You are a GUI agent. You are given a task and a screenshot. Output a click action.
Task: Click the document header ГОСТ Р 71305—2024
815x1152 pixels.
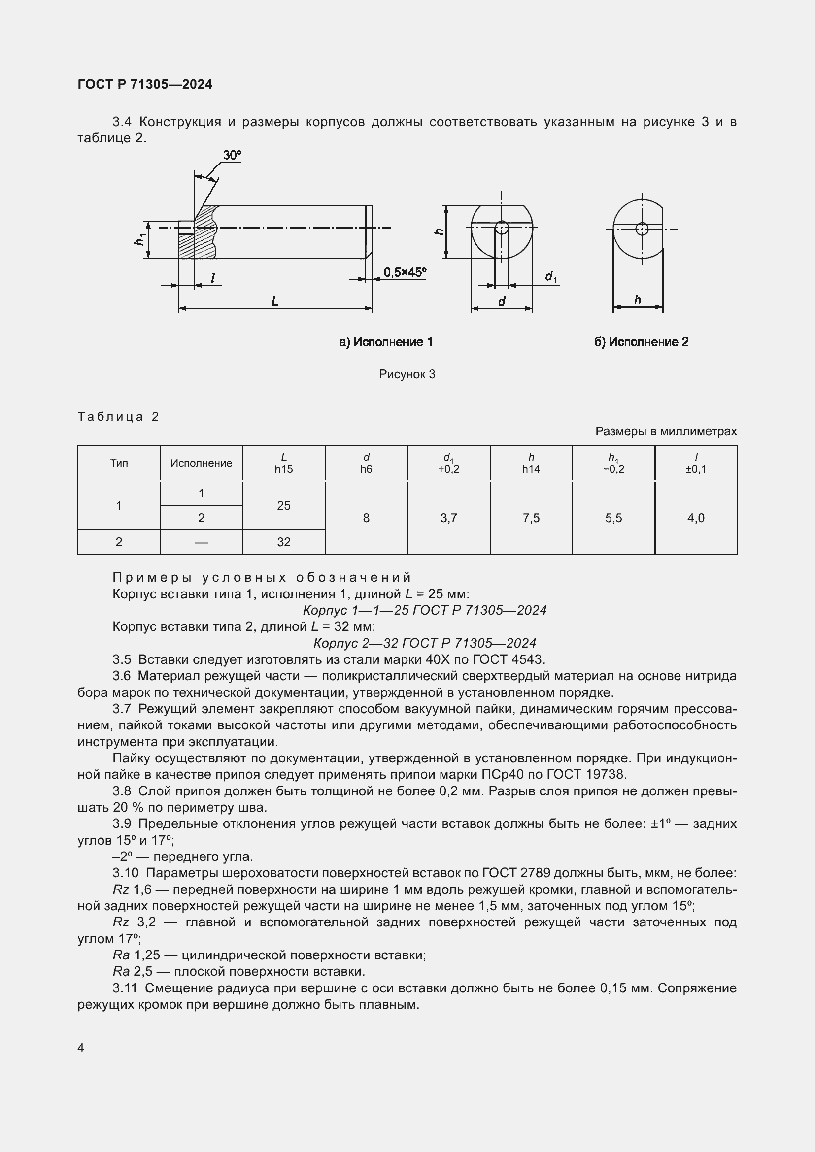click(144, 84)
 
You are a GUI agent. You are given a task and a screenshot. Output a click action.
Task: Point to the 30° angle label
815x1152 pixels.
click(232, 155)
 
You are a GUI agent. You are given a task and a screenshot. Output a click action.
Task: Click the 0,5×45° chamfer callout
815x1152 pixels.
click(405, 272)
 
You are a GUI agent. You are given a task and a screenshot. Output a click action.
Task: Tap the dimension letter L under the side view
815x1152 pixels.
click(274, 301)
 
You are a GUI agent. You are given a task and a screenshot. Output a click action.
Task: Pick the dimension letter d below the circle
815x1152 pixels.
click(501, 301)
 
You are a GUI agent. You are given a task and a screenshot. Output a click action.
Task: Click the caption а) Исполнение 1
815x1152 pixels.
click(386, 342)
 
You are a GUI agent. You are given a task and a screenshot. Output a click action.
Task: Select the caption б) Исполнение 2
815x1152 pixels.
click(641, 342)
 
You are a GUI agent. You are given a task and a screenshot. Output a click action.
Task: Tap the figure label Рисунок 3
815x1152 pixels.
click(407, 374)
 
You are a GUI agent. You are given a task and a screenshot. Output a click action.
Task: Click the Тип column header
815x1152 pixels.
click(119, 463)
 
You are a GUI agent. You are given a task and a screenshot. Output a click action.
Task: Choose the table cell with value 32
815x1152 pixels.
click(283, 542)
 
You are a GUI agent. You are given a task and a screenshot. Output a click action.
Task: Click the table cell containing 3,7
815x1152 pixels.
click(449, 518)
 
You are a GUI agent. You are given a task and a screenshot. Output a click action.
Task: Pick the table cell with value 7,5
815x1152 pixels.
click(531, 518)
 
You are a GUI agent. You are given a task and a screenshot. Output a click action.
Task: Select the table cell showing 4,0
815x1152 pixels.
click(696, 518)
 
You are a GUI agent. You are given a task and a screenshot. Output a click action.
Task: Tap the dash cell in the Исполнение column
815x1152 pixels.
click(201, 542)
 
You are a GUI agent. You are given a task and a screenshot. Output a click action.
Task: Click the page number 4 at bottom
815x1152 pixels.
click(81, 1048)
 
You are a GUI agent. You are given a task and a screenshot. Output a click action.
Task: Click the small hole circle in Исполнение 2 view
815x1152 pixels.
click(642, 229)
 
